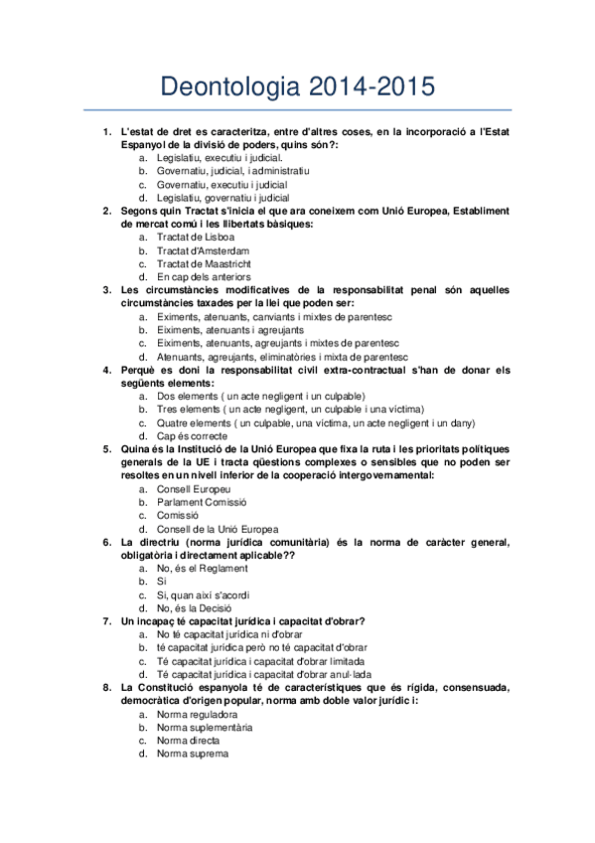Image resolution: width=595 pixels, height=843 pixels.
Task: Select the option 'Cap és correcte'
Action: tap(192, 435)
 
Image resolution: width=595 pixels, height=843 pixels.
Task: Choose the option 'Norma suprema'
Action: tap(193, 754)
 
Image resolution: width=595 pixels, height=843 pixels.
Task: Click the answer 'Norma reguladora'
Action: tap(197, 714)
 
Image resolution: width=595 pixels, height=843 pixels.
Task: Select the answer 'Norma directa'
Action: tap(189, 741)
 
